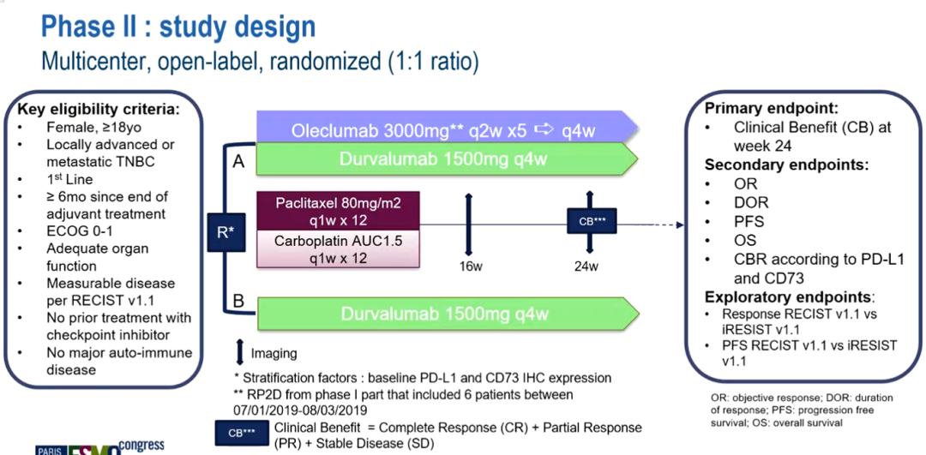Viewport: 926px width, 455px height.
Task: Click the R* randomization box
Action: pos(228,231)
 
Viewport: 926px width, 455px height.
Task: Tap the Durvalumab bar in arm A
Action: pos(446,159)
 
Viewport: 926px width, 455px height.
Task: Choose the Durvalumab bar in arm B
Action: pos(446,314)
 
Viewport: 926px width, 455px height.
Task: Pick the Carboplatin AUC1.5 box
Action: pos(338,249)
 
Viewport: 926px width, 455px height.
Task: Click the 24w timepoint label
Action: pos(586,266)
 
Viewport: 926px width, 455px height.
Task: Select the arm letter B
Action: pos(238,301)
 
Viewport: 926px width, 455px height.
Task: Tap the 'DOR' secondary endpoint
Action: pos(751,202)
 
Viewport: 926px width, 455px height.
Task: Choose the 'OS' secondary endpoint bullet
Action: pos(745,240)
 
